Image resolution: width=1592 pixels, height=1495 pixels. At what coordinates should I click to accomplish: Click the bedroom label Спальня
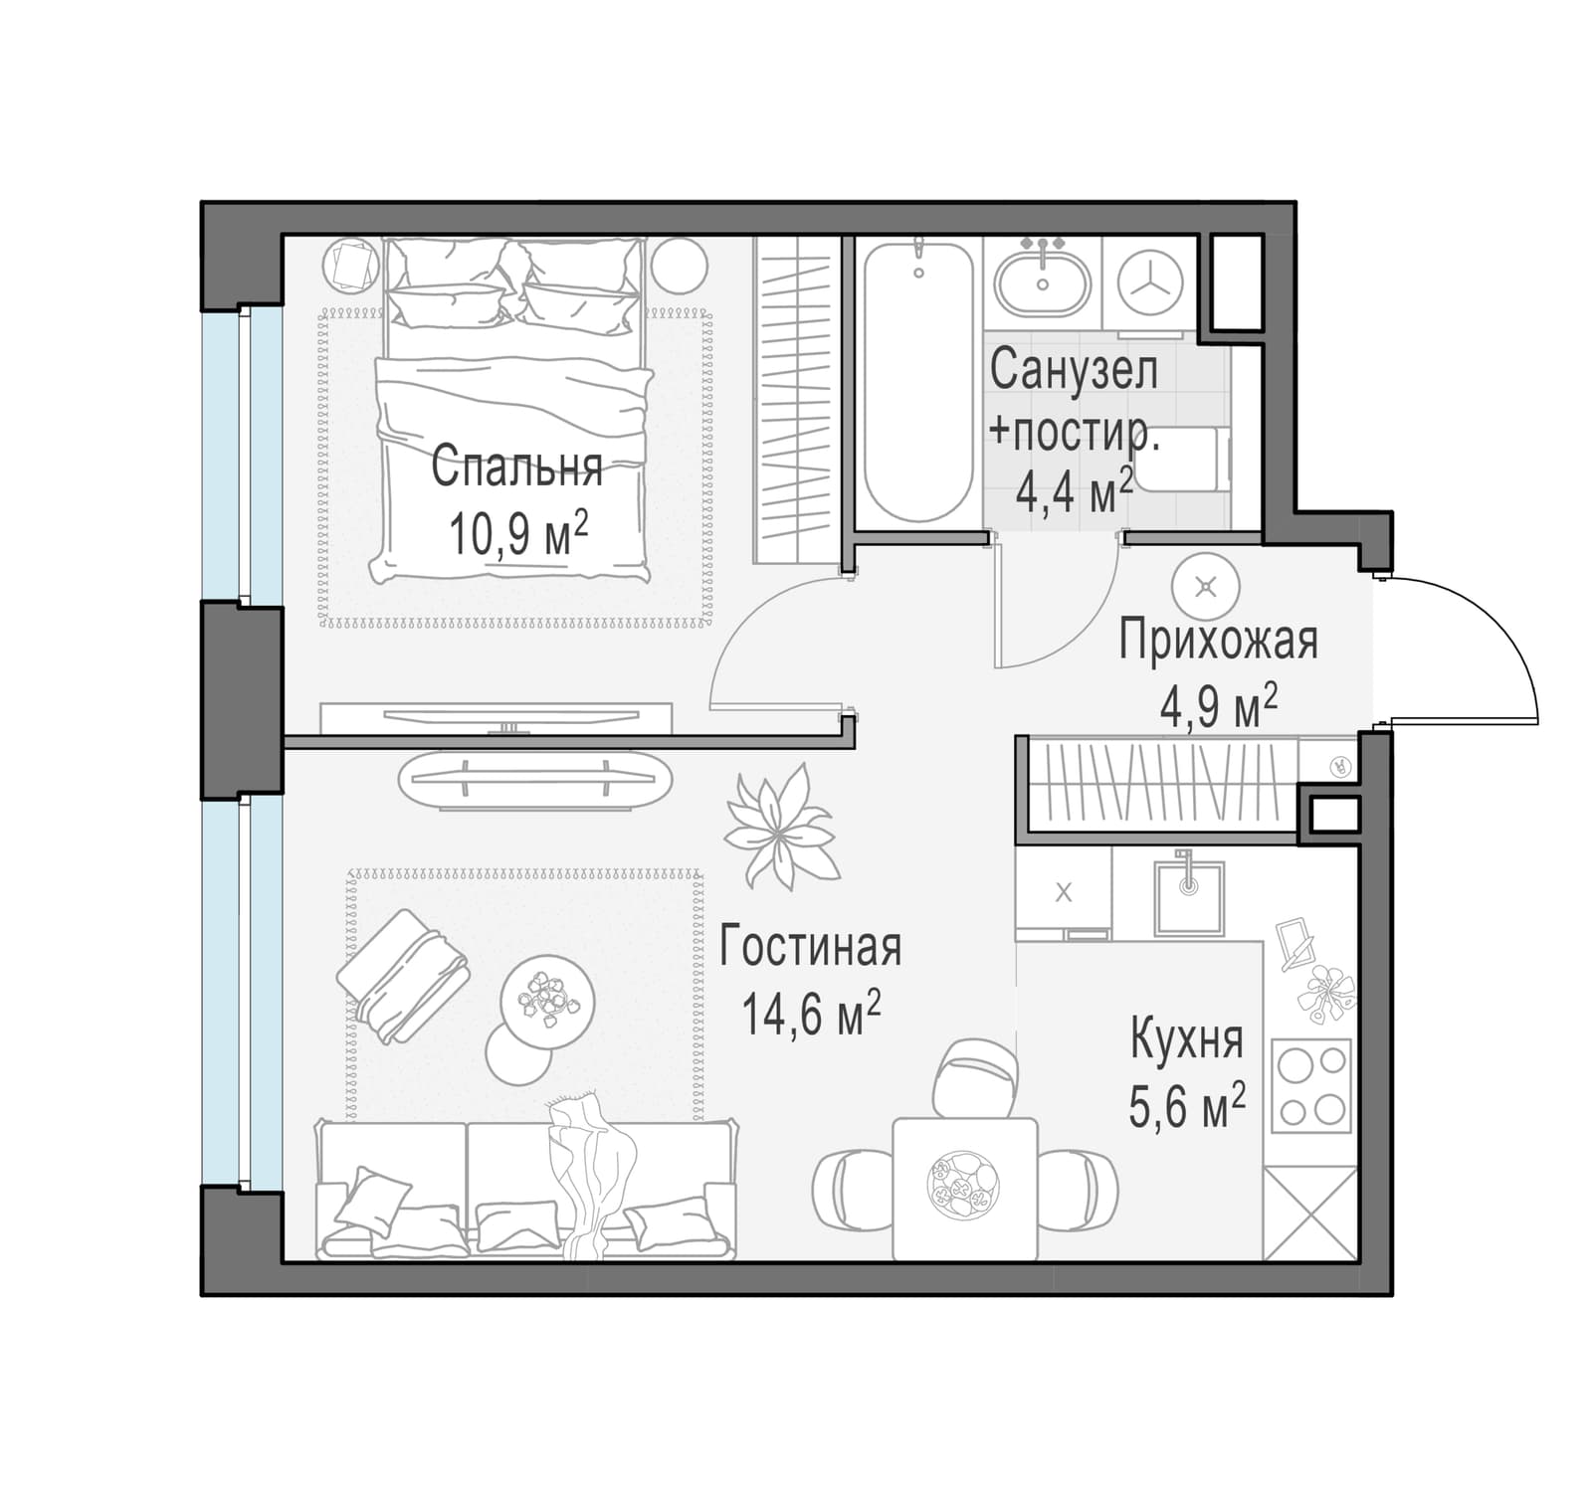coord(516,467)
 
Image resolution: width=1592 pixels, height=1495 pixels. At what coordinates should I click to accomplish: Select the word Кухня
coord(1187,1040)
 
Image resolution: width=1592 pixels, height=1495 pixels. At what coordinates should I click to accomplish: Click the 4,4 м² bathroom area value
coord(1074,491)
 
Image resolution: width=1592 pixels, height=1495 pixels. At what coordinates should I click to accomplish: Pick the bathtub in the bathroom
coord(917,382)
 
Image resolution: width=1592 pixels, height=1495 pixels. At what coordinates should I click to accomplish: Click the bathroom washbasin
coord(1043,282)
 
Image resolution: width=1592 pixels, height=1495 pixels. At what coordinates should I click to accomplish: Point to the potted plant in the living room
coord(780,825)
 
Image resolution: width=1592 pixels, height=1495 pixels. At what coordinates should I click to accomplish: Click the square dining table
coord(964,1189)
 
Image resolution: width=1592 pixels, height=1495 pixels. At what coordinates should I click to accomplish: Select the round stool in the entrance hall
coord(1206,587)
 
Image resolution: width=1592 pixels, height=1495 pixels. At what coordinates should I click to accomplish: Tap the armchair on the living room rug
coord(403,976)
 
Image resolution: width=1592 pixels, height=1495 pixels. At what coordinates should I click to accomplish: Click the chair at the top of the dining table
coord(975,1078)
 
